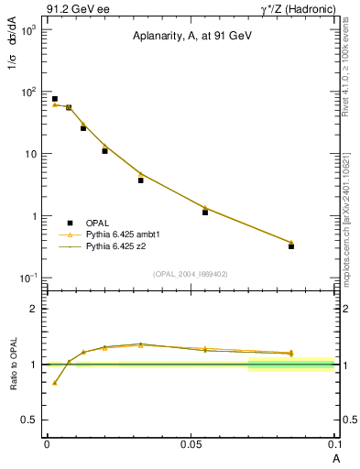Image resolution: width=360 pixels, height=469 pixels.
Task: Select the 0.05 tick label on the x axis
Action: [x=191, y=442]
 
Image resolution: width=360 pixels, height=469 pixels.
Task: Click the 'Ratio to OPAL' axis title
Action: [x=13, y=364]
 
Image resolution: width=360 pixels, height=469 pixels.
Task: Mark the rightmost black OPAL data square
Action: [x=291, y=246]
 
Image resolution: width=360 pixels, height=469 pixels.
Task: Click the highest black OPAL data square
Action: [x=55, y=99]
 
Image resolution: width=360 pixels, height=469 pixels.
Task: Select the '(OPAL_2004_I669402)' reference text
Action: [x=191, y=272]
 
